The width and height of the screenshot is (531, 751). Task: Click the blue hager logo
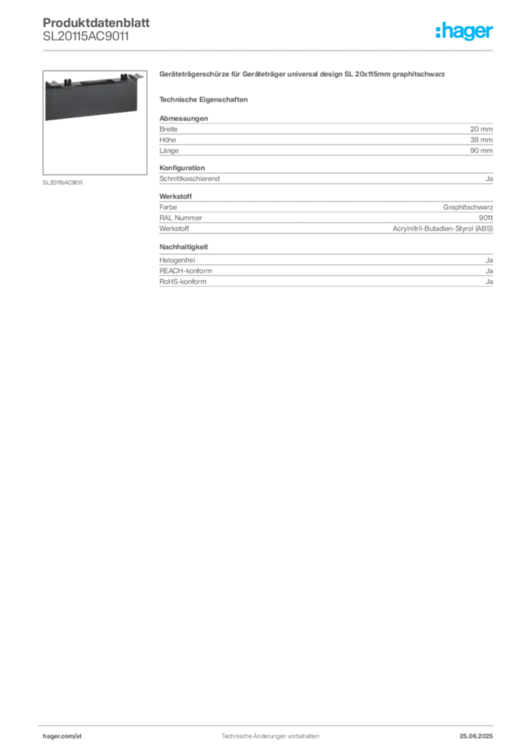465,32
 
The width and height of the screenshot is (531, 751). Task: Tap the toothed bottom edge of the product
91,120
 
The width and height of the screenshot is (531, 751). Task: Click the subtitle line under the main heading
206,99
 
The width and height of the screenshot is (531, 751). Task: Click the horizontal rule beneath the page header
269,50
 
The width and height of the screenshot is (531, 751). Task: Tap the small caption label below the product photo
64,182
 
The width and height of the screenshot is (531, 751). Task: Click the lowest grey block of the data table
325,271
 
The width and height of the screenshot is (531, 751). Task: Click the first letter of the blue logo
437,32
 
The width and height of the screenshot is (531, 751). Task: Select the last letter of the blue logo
493,32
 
